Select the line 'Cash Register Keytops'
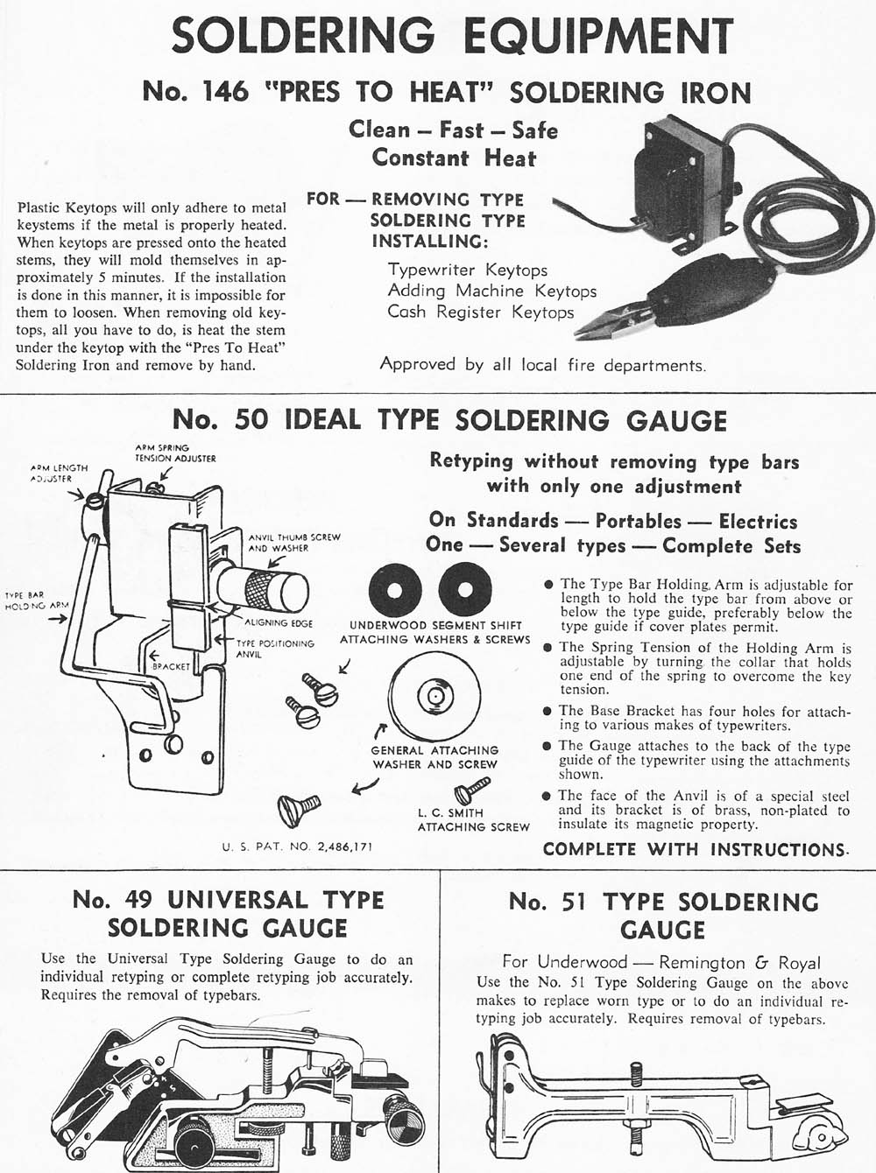[x=481, y=313]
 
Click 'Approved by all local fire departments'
[x=542, y=364]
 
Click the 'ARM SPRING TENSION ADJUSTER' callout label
[x=175, y=453]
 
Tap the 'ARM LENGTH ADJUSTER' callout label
[x=58, y=474]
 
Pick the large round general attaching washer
[x=434, y=697]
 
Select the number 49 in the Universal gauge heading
[x=134, y=900]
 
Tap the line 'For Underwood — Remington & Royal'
[x=661, y=963]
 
